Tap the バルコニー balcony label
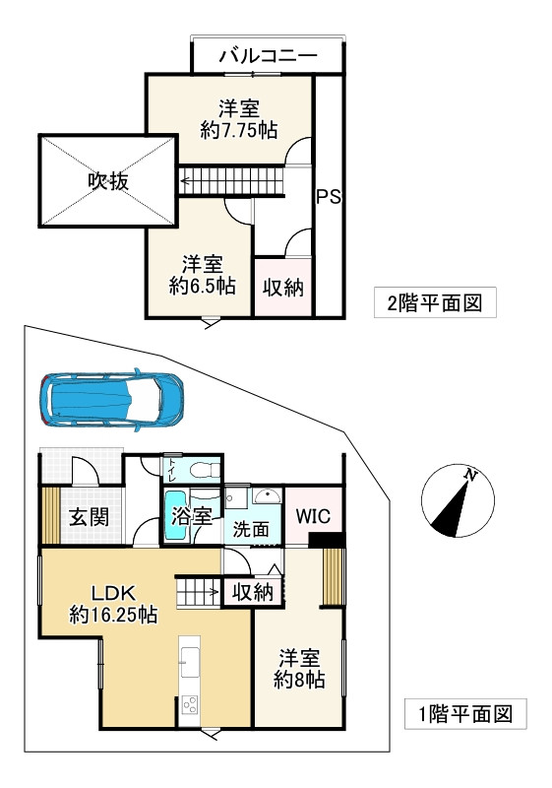click(267, 54)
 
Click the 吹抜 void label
click(107, 182)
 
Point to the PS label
click(329, 197)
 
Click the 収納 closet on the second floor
click(282, 288)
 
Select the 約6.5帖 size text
click(202, 286)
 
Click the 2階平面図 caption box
click(434, 302)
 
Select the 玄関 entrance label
click(88, 517)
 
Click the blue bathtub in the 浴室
click(174, 514)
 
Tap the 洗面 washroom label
click(250, 528)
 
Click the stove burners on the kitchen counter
click(190, 706)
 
